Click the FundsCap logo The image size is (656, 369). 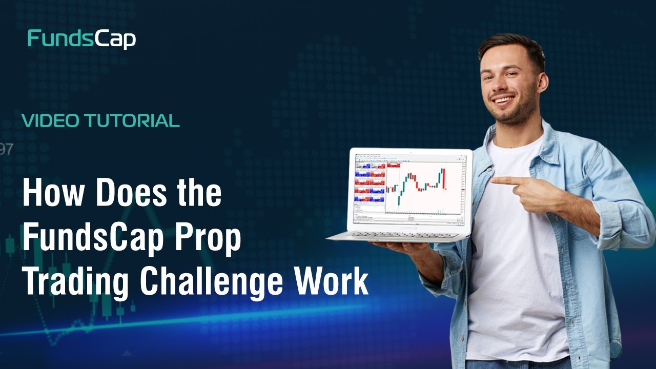[81, 39]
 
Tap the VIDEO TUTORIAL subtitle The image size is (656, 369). [100, 121]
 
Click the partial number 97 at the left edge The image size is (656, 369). [6, 150]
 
